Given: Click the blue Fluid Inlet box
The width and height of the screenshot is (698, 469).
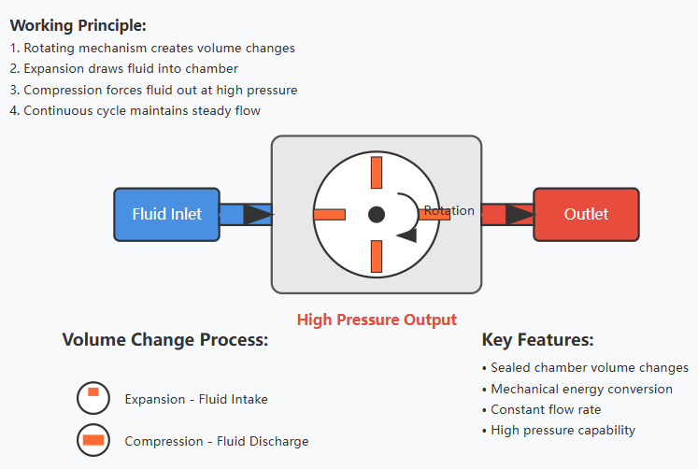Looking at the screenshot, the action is point(167,215).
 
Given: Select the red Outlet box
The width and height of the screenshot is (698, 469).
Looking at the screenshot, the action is point(586,215).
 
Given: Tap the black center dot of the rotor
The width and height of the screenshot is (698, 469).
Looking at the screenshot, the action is point(377,215).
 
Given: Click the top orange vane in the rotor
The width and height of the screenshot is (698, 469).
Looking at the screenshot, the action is point(377,172).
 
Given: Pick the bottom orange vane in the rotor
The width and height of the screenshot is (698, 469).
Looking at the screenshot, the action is point(377,256).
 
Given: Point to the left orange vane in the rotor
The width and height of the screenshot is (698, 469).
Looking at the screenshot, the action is point(330,215).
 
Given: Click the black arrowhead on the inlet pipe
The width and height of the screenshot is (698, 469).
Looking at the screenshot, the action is point(258,215).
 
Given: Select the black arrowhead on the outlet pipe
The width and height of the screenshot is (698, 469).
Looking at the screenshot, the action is point(520,215).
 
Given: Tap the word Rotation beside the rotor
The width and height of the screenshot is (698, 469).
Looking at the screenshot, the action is point(449,210).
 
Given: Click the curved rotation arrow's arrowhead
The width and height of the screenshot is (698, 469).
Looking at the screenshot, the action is point(407,234).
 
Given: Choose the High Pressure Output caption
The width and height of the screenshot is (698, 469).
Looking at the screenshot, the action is point(377,320).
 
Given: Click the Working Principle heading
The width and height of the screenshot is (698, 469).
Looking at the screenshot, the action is point(78,25).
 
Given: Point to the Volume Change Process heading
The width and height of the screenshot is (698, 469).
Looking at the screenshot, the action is point(165,340).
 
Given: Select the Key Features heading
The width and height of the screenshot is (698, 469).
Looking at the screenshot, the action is point(537,340).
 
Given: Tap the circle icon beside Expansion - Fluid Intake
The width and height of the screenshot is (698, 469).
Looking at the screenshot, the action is point(93,398).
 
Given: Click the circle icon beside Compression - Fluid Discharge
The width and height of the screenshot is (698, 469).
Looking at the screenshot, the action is point(93,440).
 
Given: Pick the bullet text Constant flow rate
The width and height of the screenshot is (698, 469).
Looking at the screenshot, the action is point(546,409).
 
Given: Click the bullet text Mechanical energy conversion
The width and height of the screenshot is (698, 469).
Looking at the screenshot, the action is point(581,389).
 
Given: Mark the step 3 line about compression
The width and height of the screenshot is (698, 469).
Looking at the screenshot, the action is point(153,90).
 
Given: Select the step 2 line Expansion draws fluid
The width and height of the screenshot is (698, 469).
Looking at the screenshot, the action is point(123,68).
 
